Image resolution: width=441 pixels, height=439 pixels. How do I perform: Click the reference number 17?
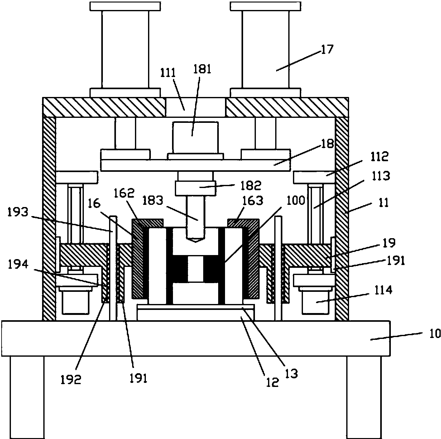327,49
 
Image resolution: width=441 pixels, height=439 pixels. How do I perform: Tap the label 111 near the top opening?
168,73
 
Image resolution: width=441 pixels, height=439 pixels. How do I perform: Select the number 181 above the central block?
202,69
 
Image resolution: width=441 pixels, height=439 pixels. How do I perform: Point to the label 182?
251,185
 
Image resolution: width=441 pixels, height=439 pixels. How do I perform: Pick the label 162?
124,193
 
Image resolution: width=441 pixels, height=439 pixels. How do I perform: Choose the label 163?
253,200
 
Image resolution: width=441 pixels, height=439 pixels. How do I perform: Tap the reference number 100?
296,200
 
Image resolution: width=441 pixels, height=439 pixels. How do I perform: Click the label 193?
18,212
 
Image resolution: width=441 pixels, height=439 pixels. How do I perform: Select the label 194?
18,264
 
